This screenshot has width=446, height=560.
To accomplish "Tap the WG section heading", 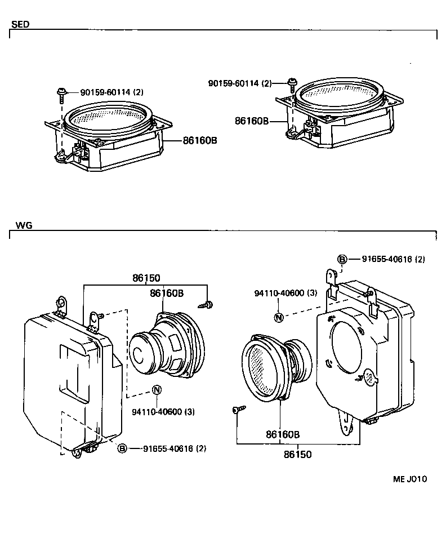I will [24, 225].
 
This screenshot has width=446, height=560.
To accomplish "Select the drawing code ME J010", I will [410, 479].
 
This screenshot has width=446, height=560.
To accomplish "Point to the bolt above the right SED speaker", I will [292, 85].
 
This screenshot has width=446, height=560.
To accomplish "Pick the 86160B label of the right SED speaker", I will [252, 121].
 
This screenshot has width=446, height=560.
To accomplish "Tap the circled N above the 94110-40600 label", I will [278, 317].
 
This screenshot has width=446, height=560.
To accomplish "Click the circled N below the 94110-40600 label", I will [157, 390].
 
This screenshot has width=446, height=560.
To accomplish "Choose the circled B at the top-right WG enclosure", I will [342, 259].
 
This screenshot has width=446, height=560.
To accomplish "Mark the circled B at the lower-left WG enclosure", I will [122, 448].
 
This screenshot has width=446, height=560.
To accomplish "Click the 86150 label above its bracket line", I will [146, 278].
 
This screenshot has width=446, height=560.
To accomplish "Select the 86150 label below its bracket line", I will [297, 454].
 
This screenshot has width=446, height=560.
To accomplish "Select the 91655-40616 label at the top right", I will [393, 259].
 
